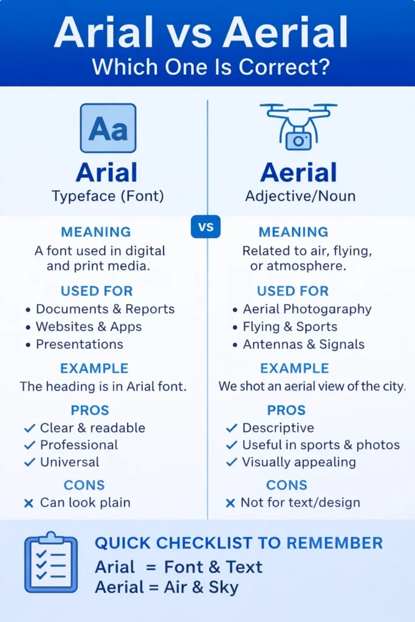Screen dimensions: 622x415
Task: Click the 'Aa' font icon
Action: [x=108, y=128]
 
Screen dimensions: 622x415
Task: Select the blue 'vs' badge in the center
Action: [x=206, y=227]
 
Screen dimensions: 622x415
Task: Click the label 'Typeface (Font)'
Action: [x=108, y=196]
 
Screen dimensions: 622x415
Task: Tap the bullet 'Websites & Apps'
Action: [x=89, y=326]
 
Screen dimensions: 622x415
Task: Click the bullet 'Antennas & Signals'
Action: [x=304, y=344]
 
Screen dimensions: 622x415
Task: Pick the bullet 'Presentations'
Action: [x=80, y=344]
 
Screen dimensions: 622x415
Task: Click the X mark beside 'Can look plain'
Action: [x=28, y=503]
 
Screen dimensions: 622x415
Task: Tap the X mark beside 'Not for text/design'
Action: [x=230, y=503]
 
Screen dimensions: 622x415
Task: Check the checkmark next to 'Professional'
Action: [x=29, y=445]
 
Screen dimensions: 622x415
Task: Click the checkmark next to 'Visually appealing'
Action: [x=231, y=462]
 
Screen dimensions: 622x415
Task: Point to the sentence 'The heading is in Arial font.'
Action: [x=103, y=386]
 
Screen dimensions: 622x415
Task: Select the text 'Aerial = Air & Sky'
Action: [x=166, y=587]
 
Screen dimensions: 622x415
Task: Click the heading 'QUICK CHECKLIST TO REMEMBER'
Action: [x=239, y=542]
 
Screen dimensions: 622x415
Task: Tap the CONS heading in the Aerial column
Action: [x=287, y=485]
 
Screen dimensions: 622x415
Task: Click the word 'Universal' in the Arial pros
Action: [x=69, y=462]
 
